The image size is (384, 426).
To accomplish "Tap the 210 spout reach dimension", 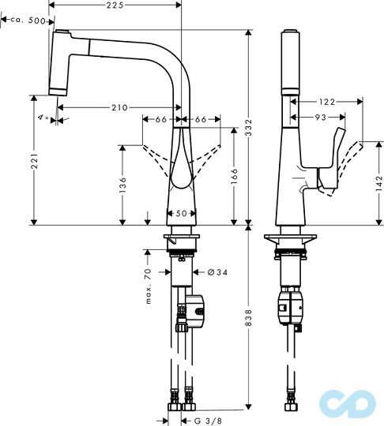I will coord(120,107).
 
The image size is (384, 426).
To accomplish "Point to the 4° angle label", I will coord(43,118).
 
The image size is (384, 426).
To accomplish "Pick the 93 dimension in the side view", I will coord(319,118).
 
